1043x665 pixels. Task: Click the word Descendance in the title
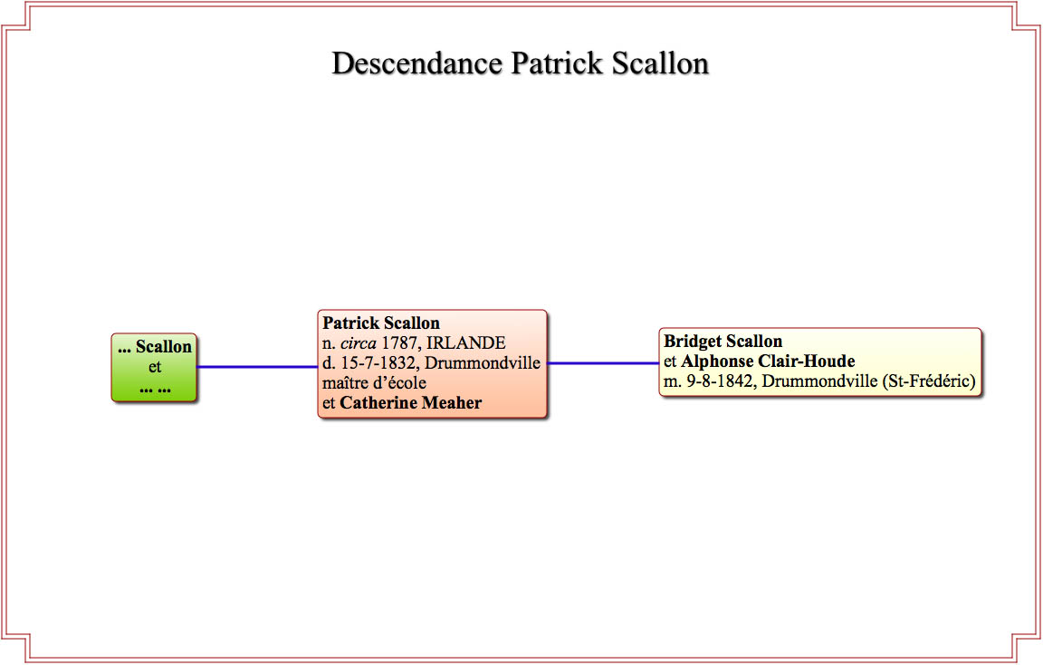tap(417, 64)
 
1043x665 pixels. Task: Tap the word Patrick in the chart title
tap(557, 64)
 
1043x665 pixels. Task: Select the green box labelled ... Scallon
tap(154, 368)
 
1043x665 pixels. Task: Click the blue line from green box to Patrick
tap(257, 367)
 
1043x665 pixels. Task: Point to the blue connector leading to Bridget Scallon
tap(603, 363)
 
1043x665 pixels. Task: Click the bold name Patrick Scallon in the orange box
tap(381, 323)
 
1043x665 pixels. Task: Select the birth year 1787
tap(399, 343)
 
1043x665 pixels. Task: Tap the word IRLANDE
tap(465, 343)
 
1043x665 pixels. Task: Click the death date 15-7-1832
tap(378, 363)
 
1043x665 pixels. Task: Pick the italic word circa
tap(359, 343)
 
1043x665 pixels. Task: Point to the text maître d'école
tap(375, 382)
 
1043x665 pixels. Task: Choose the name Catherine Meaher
tap(410, 403)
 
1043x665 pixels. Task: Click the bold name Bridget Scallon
tap(723, 342)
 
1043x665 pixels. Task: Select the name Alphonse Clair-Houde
tap(769, 361)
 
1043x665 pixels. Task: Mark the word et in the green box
tap(155, 367)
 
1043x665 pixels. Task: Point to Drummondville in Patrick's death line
tap(483, 363)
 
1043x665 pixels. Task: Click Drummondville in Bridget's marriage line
tap(819, 381)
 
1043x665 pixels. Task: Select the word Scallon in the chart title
tap(661, 64)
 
